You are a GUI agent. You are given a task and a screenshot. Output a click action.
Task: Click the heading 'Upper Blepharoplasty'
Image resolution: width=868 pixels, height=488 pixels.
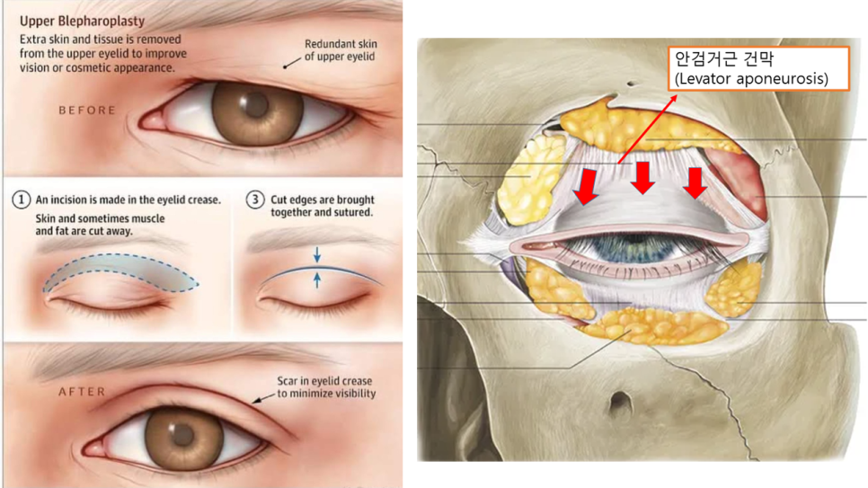pyautogui.click(x=82, y=21)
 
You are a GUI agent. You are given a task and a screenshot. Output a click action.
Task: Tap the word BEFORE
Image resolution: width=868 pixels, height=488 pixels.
pyautogui.click(x=87, y=111)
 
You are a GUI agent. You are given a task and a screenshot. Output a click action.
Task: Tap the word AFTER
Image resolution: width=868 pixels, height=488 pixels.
pyautogui.click(x=82, y=392)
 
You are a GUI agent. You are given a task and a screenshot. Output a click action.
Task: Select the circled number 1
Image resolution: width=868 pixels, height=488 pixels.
pyautogui.click(x=21, y=200)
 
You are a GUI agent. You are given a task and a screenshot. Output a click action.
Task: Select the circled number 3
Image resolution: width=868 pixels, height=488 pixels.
pyautogui.click(x=255, y=200)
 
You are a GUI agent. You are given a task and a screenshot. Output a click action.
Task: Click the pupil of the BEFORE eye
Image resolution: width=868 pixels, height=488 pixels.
pyautogui.click(x=256, y=105)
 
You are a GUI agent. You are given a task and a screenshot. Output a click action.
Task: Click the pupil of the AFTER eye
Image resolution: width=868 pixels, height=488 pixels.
pyautogui.click(x=182, y=435)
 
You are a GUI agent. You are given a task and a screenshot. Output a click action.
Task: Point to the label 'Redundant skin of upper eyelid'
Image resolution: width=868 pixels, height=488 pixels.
pyautogui.click(x=341, y=49)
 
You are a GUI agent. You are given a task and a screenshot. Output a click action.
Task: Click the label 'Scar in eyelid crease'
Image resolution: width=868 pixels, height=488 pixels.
pyautogui.click(x=324, y=380)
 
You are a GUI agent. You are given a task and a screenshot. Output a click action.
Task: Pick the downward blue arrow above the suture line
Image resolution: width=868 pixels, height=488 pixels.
pyautogui.click(x=316, y=255)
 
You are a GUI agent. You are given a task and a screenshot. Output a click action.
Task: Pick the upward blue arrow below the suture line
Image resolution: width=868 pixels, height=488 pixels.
pyautogui.click(x=316, y=280)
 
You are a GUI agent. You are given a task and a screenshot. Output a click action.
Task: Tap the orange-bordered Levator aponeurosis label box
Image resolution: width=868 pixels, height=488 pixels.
pyautogui.click(x=758, y=68)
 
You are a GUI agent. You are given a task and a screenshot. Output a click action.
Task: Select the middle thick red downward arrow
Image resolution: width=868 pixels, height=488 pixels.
pyautogui.click(x=642, y=178)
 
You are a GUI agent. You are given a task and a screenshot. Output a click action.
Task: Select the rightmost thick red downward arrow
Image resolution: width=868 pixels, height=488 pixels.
pyautogui.click(x=695, y=182)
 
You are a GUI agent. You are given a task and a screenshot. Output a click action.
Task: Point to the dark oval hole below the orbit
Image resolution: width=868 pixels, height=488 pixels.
pyautogui.click(x=620, y=404)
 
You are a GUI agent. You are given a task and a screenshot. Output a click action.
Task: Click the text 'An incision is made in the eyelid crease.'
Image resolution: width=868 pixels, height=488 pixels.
pyautogui.click(x=128, y=200)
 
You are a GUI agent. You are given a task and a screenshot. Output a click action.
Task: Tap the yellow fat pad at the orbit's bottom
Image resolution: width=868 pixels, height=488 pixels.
pyautogui.click(x=653, y=327)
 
